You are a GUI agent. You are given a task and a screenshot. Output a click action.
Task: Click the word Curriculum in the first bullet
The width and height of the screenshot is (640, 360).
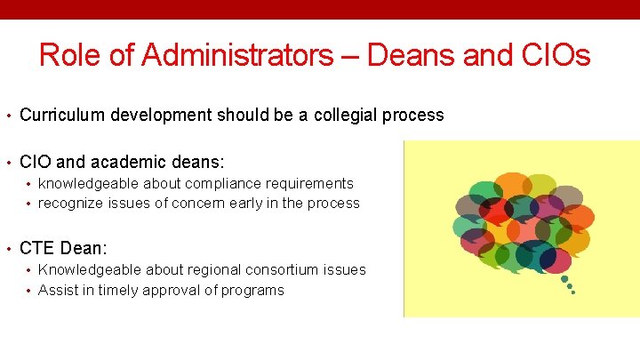pos(59,115)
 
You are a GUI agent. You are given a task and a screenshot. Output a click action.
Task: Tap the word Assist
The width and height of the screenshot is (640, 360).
pos(57,290)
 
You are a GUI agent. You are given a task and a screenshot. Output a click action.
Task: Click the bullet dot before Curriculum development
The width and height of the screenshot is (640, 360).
pos(8,116)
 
